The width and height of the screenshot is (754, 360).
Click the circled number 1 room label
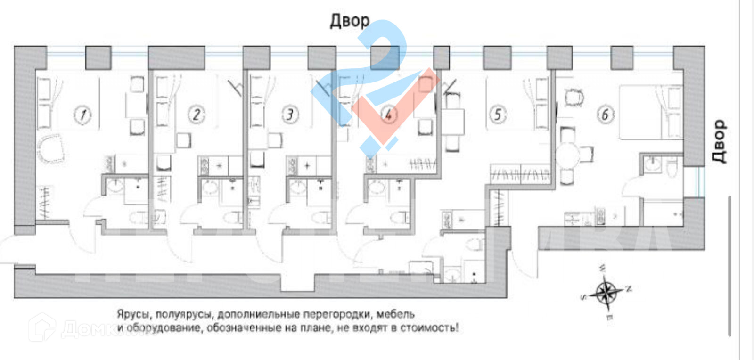83,115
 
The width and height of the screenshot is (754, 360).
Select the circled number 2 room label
196,115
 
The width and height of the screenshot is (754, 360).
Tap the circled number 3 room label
290,115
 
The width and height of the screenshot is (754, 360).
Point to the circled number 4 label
388,115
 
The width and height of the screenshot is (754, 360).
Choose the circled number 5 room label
498,115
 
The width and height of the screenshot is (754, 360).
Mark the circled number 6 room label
605,115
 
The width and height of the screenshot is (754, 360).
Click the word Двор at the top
349,21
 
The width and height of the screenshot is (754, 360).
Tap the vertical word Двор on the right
718,141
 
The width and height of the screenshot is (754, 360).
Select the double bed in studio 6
650,112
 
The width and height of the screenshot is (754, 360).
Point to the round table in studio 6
568,155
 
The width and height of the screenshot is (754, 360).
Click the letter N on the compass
629,288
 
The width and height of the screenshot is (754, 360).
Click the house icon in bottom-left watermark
42,327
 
